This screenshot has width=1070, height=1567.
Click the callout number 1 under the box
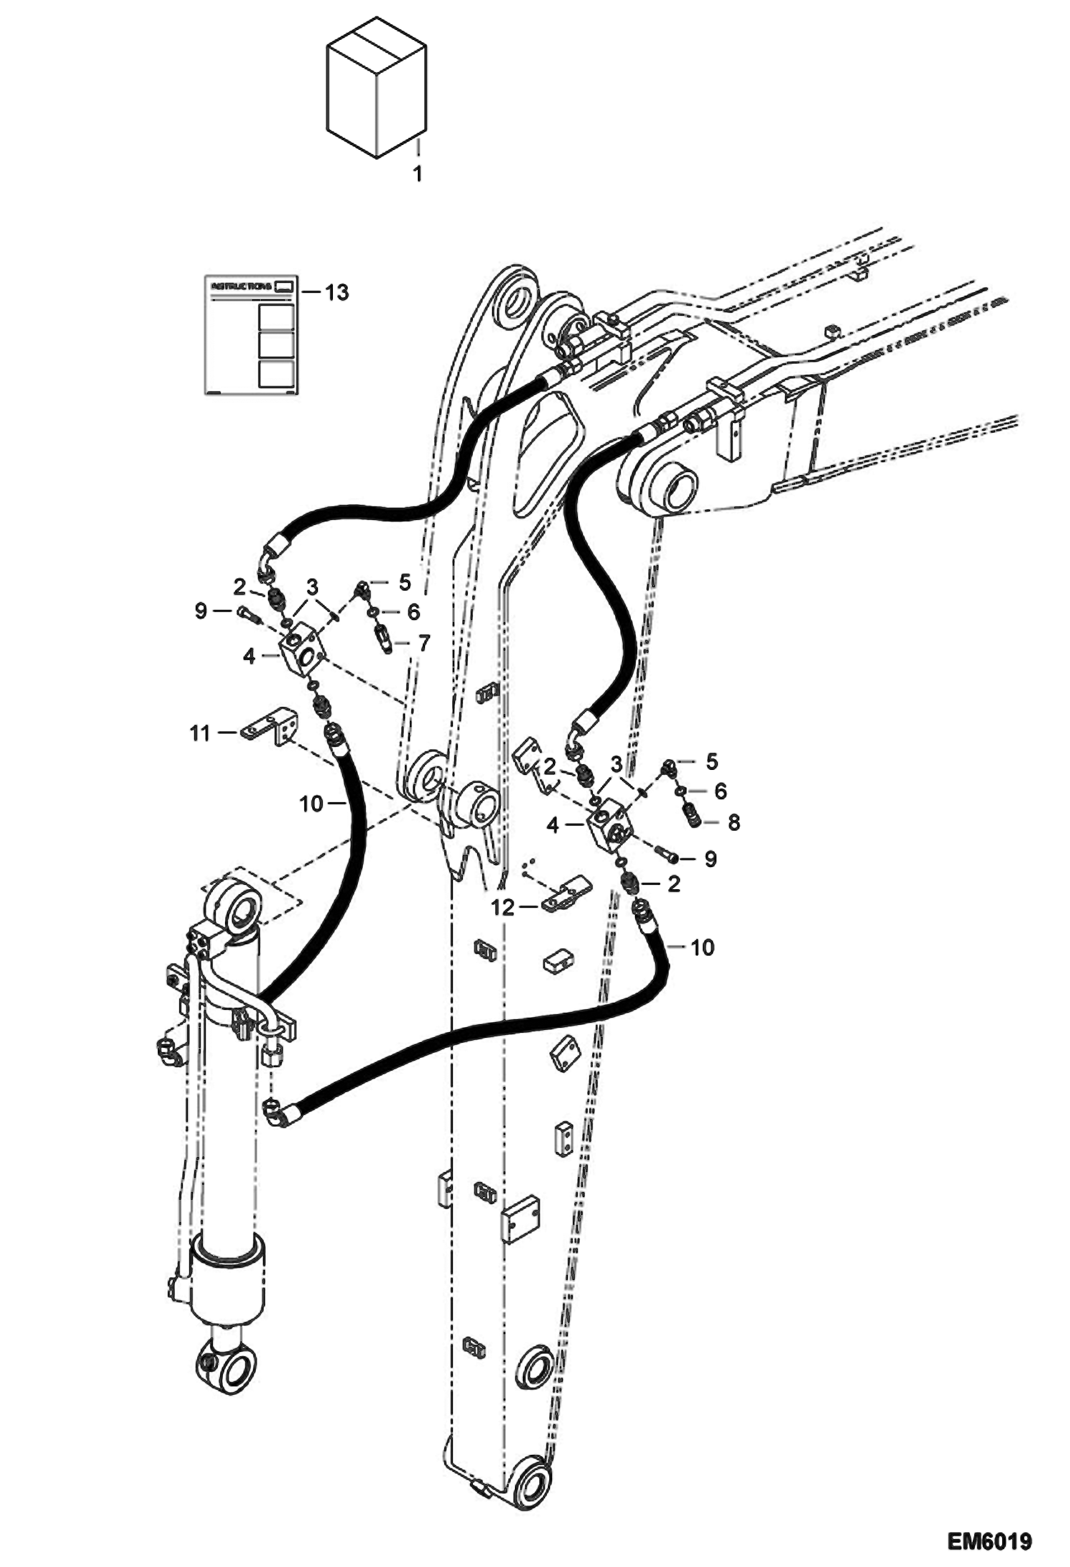(418, 174)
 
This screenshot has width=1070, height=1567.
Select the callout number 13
(336, 292)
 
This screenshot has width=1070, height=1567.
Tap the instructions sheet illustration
(250, 334)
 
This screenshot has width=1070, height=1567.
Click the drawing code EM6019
(989, 1538)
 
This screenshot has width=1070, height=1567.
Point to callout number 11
(200, 733)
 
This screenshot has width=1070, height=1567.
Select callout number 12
(503, 908)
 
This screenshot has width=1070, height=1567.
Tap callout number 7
(424, 644)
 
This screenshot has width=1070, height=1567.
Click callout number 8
(734, 823)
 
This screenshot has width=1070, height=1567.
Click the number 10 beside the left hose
(311, 804)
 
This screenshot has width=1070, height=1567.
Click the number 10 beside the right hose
(703, 948)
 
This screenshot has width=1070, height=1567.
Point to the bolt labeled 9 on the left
(244, 613)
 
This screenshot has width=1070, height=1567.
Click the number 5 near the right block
(711, 761)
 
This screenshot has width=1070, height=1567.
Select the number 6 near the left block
(413, 613)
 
